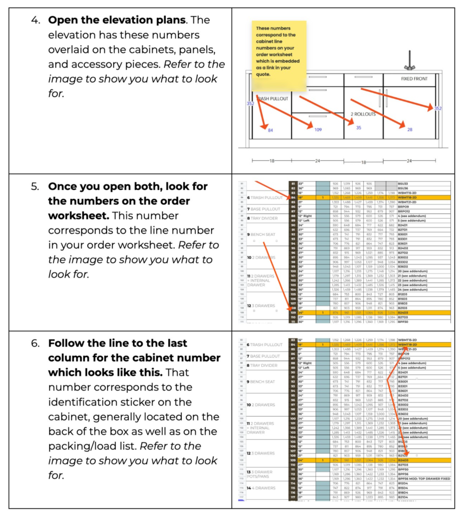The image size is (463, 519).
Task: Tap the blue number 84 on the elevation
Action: [x=271, y=131]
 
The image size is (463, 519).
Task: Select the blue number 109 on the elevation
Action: [x=318, y=130]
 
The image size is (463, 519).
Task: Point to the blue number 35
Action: [x=359, y=128]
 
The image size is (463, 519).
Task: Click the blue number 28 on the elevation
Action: [x=410, y=130]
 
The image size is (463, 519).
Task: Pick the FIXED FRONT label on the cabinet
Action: [x=414, y=79]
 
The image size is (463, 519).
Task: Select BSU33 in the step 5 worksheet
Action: [x=404, y=184]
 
